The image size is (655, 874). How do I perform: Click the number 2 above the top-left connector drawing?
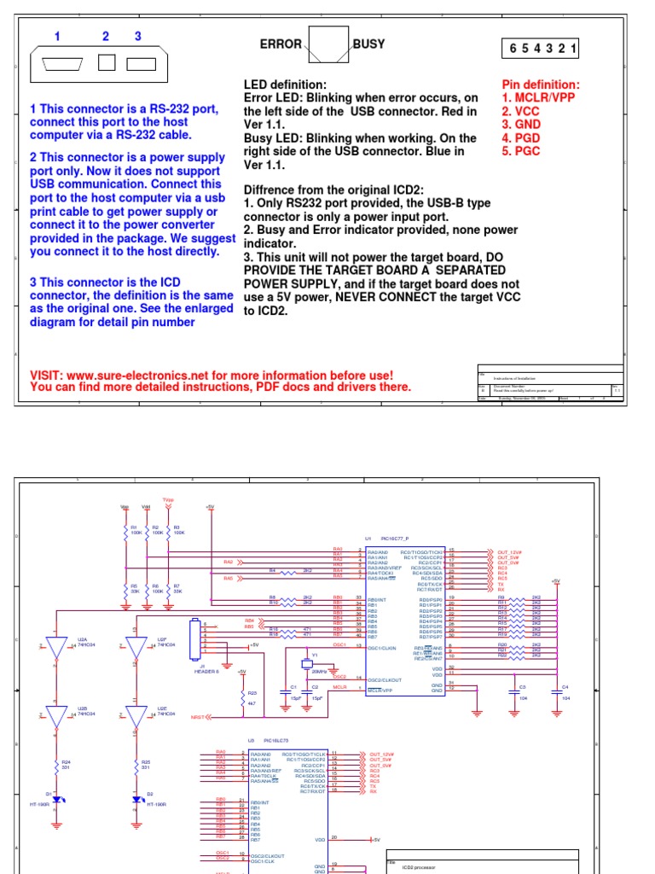(x=106, y=36)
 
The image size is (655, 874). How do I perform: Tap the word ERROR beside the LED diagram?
(x=281, y=44)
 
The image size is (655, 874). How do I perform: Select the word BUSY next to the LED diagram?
(x=368, y=44)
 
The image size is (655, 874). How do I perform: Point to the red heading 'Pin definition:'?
(x=541, y=84)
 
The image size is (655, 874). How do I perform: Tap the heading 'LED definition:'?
(x=285, y=84)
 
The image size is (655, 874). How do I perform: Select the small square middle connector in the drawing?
(x=107, y=63)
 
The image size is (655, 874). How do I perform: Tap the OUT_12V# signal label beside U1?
(x=508, y=551)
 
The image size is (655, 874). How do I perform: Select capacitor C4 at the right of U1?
(x=558, y=691)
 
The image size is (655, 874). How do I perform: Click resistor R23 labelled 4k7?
(x=241, y=697)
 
